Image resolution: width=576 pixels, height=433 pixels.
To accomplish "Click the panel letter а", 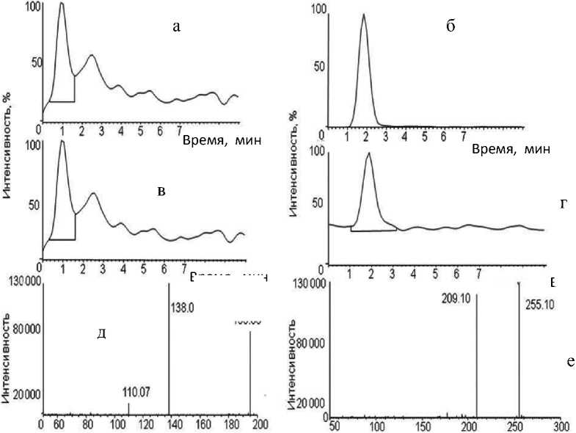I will point(175,27).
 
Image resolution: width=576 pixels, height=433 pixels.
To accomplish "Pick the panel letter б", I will point(451,27).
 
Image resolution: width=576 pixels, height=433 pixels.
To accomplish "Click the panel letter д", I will point(103,334).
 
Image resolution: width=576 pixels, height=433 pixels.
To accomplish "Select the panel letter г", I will point(564,204).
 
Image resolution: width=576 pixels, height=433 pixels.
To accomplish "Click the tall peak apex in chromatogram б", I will point(363,15).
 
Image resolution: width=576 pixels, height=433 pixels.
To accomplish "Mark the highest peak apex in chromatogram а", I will point(62,3).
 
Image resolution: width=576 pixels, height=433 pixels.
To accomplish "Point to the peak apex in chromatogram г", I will point(368,153).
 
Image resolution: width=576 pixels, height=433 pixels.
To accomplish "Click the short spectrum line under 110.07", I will point(129,410).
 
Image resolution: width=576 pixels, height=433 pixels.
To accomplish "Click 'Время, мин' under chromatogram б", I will point(508,149).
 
